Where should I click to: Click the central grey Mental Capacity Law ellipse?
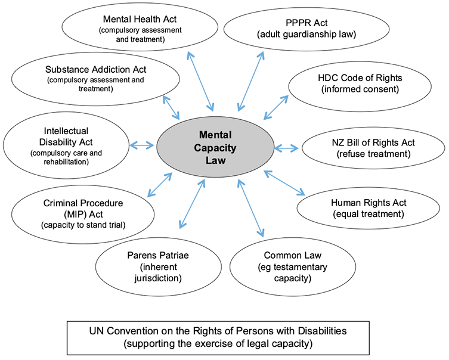215,145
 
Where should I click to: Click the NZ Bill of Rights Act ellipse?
372,148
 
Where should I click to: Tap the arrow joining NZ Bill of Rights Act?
287,147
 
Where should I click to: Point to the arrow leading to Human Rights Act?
284,182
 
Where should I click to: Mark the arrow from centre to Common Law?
250,206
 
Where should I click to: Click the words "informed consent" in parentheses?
352,90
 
